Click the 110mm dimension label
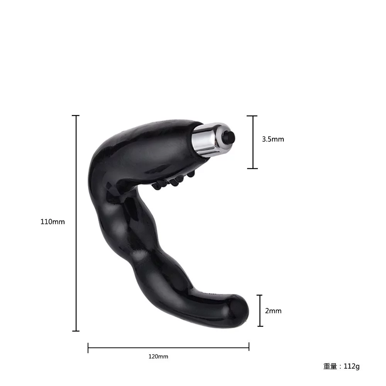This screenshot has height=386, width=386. click(52, 222)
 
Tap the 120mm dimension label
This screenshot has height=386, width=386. click(158, 357)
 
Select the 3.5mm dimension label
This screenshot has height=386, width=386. click(273, 139)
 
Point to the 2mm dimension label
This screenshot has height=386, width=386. click(273, 311)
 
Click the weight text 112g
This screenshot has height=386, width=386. click(352, 366)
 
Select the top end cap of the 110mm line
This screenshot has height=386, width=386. click(76, 116)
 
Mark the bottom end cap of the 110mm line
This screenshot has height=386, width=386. click(76, 331)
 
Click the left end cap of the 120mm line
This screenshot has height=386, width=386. click(88, 347)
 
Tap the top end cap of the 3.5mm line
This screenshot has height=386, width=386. click(252, 116)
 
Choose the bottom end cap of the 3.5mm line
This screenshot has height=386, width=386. click(252, 168)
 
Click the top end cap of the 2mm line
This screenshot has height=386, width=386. click(260, 295)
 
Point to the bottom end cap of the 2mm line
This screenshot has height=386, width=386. click(260, 326)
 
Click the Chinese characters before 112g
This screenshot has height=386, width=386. click(330, 366)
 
